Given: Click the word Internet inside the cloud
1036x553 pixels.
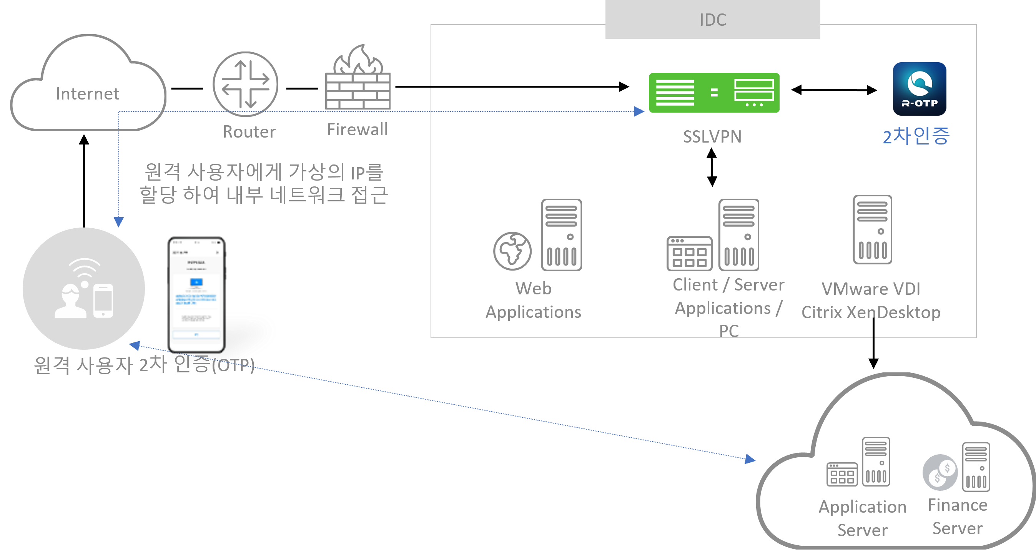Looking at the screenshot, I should [88, 94].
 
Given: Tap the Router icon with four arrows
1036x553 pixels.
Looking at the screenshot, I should [245, 84].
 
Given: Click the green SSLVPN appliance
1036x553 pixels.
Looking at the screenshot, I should [714, 93].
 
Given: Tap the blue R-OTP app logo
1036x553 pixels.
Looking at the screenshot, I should [920, 89].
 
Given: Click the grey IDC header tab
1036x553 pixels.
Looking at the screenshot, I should [713, 20].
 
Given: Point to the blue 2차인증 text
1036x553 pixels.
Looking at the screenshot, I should [916, 136].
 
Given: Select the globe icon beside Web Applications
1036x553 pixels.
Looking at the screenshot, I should [512, 251].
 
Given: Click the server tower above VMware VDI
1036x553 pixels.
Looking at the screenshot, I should [872, 230].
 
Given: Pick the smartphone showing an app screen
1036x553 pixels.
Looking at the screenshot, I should [197, 294].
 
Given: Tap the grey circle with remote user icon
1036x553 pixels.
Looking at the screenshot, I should [84, 288].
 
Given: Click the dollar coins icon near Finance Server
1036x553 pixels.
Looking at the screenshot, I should [940, 472].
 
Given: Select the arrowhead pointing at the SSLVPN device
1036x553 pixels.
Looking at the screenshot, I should [639, 111].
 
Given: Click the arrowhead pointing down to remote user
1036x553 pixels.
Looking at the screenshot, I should [119, 222].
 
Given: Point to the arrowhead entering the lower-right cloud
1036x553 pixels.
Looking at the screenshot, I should [750, 459].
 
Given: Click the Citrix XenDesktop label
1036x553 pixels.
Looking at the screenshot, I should [871, 312].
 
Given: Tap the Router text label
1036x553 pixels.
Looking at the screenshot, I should [249, 132].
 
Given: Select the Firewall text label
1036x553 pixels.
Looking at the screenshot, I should [358, 130].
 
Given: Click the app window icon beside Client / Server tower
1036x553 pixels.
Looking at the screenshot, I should [689, 253].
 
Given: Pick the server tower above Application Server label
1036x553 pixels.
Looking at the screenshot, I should [876, 462].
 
